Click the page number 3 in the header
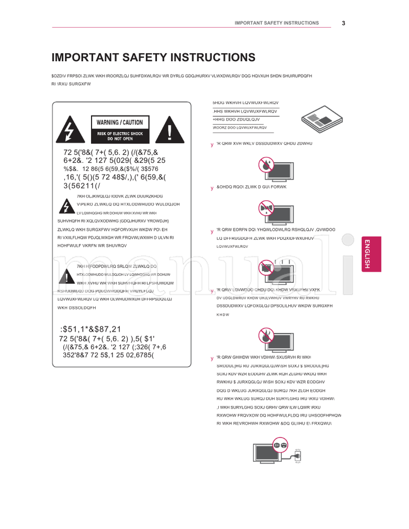coord(344,23)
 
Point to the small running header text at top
coord(277,23)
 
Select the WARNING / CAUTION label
coord(120,123)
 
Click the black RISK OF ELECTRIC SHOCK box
coord(120,136)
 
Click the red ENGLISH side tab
coord(371,254)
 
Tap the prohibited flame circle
coord(266,336)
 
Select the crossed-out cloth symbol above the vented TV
coord(266,267)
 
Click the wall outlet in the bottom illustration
coord(298,454)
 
